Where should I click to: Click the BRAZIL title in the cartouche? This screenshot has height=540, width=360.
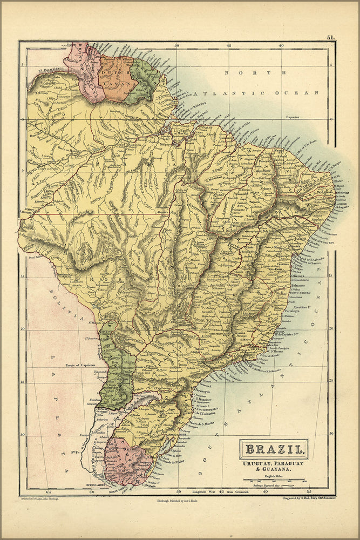coord(274,448)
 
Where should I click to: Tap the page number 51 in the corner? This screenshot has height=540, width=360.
coord(330,37)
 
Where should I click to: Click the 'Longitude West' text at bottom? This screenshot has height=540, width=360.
coord(205,492)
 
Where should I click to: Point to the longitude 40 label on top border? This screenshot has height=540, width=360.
coord(281,45)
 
